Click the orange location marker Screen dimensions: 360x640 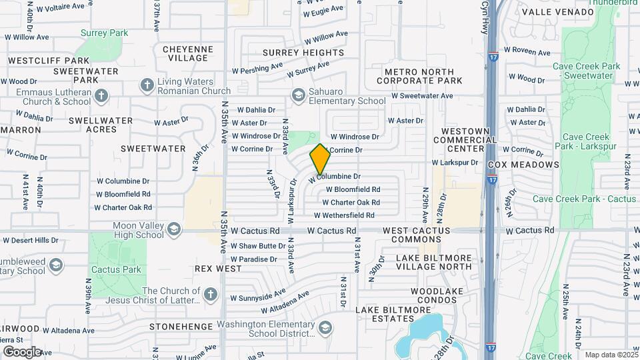point(320,159)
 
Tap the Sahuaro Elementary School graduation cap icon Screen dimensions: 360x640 point(297,95)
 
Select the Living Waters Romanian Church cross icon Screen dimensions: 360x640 point(147,85)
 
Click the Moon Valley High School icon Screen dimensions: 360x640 point(173,229)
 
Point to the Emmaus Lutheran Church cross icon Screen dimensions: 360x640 point(101,96)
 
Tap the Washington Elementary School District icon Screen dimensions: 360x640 point(325,327)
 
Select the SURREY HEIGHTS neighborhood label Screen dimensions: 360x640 point(303,53)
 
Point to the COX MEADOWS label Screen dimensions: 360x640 point(523,165)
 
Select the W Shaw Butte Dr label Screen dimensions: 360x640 point(258,246)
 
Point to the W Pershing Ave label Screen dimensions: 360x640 point(257,68)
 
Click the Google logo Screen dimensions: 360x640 point(22,351)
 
